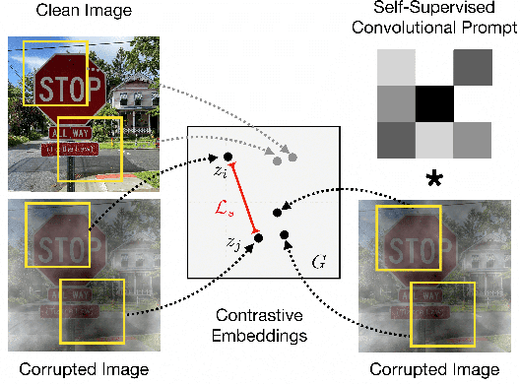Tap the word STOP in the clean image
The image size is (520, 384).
tap(69, 90)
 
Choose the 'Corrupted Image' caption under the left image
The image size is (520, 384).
tap(66, 370)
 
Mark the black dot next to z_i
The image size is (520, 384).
tap(227, 157)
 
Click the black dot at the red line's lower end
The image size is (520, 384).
tap(257, 236)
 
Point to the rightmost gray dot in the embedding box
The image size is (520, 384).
tap(292, 159)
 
